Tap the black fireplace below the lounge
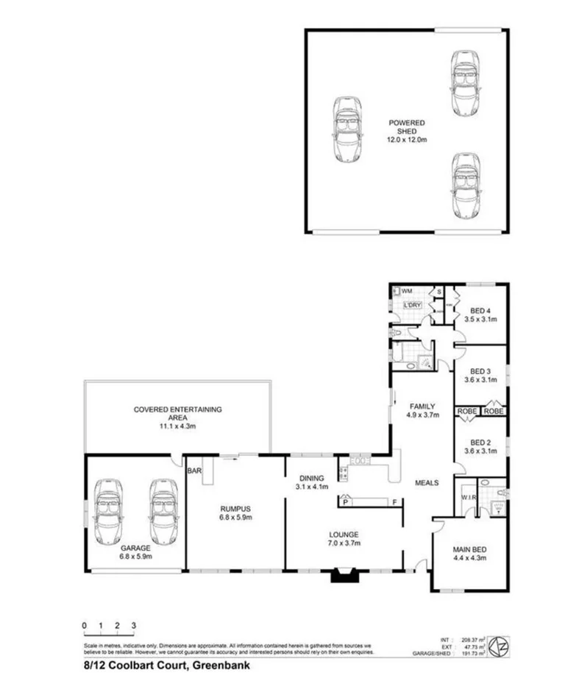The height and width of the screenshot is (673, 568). point(344,574)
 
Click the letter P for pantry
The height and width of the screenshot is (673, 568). point(344,502)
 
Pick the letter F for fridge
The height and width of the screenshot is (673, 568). point(394,503)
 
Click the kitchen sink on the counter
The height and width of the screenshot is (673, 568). point(361,461)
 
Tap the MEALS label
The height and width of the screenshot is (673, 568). point(427,483)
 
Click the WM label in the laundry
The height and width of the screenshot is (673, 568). point(406,292)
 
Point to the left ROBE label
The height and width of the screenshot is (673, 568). point(467,411)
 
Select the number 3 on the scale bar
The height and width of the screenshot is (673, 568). point(133,625)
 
